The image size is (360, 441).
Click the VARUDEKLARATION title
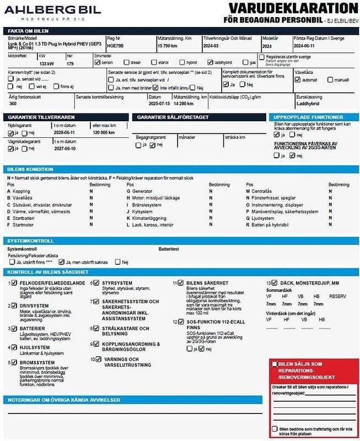[293, 8]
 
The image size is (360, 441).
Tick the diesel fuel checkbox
[127, 63]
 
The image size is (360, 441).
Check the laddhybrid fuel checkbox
[209, 63]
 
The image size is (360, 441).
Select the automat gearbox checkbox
[298, 79]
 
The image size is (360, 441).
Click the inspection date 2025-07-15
[159, 103]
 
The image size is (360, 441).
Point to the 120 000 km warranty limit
[104, 133]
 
